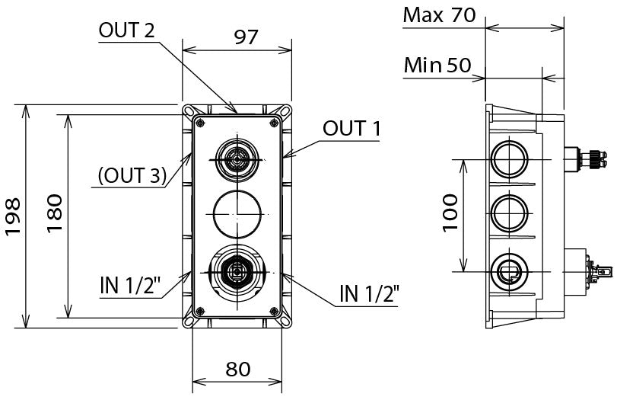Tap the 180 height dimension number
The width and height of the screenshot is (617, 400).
(52, 216)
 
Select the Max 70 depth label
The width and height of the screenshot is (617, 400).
(439, 14)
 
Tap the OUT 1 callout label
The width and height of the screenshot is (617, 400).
(351, 128)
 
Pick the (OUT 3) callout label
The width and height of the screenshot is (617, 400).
(132, 176)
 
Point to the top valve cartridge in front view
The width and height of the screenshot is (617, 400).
(237, 159)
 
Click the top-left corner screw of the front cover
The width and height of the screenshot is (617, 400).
(199, 123)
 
